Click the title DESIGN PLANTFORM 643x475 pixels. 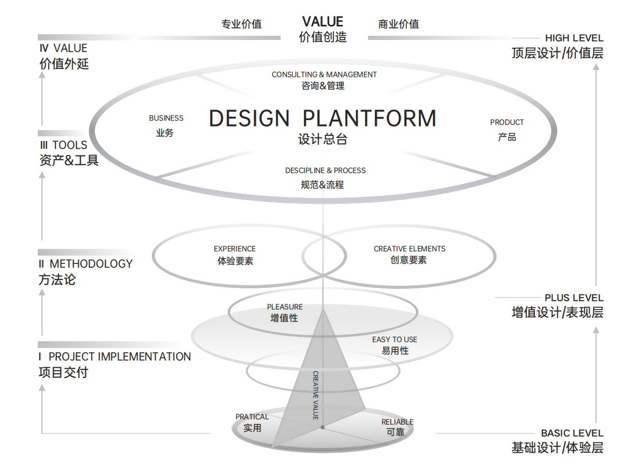point(323,119)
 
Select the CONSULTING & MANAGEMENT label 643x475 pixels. point(324,75)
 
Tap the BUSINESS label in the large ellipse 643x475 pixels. point(166,118)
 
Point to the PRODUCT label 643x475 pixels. point(507,122)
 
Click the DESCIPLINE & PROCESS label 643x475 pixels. point(325,171)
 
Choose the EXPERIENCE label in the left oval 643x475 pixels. point(235,249)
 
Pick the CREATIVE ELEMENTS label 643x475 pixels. point(410,249)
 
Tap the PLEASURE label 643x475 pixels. point(285,307)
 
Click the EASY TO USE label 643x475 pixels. point(394,340)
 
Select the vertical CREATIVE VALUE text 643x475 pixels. point(315,395)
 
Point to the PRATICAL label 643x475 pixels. point(252,417)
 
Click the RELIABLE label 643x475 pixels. point(398,422)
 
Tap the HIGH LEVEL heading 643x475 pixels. point(574,38)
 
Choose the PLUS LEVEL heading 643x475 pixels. point(574,298)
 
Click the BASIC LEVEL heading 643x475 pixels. point(572,433)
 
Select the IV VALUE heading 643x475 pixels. point(63,48)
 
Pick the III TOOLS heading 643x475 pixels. point(63,145)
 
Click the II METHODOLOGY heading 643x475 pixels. point(85,264)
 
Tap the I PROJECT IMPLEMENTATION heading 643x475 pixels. point(114,357)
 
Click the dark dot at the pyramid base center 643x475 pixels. point(323,427)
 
